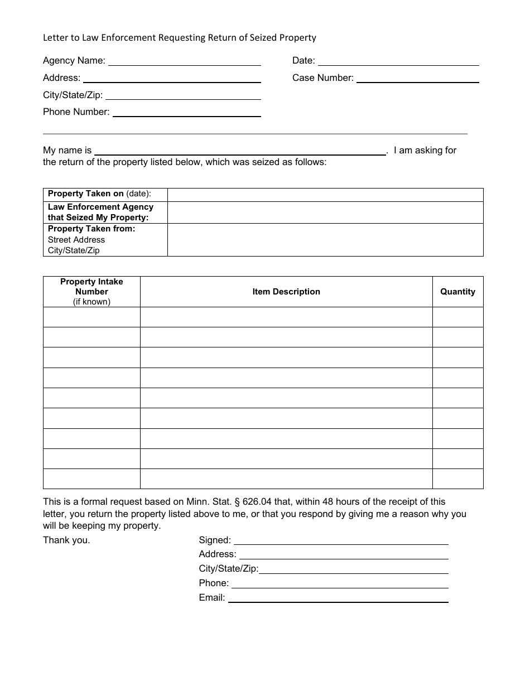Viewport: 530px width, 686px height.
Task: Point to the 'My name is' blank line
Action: tap(240, 152)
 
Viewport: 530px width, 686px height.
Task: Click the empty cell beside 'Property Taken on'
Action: tap(325, 195)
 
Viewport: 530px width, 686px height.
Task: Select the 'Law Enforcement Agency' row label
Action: tap(100, 212)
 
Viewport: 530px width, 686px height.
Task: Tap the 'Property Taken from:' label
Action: tap(91, 229)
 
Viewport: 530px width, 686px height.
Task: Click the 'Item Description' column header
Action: tap(286, 292)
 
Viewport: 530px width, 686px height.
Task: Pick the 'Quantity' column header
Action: tap(457, 292)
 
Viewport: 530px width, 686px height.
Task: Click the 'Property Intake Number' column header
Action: tap(91, 287)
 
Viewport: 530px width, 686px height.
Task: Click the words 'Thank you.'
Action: tap(66, 540)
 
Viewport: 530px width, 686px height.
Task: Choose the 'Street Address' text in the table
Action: tap(76, 240)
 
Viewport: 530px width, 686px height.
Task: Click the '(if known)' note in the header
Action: tap(91, 302)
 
